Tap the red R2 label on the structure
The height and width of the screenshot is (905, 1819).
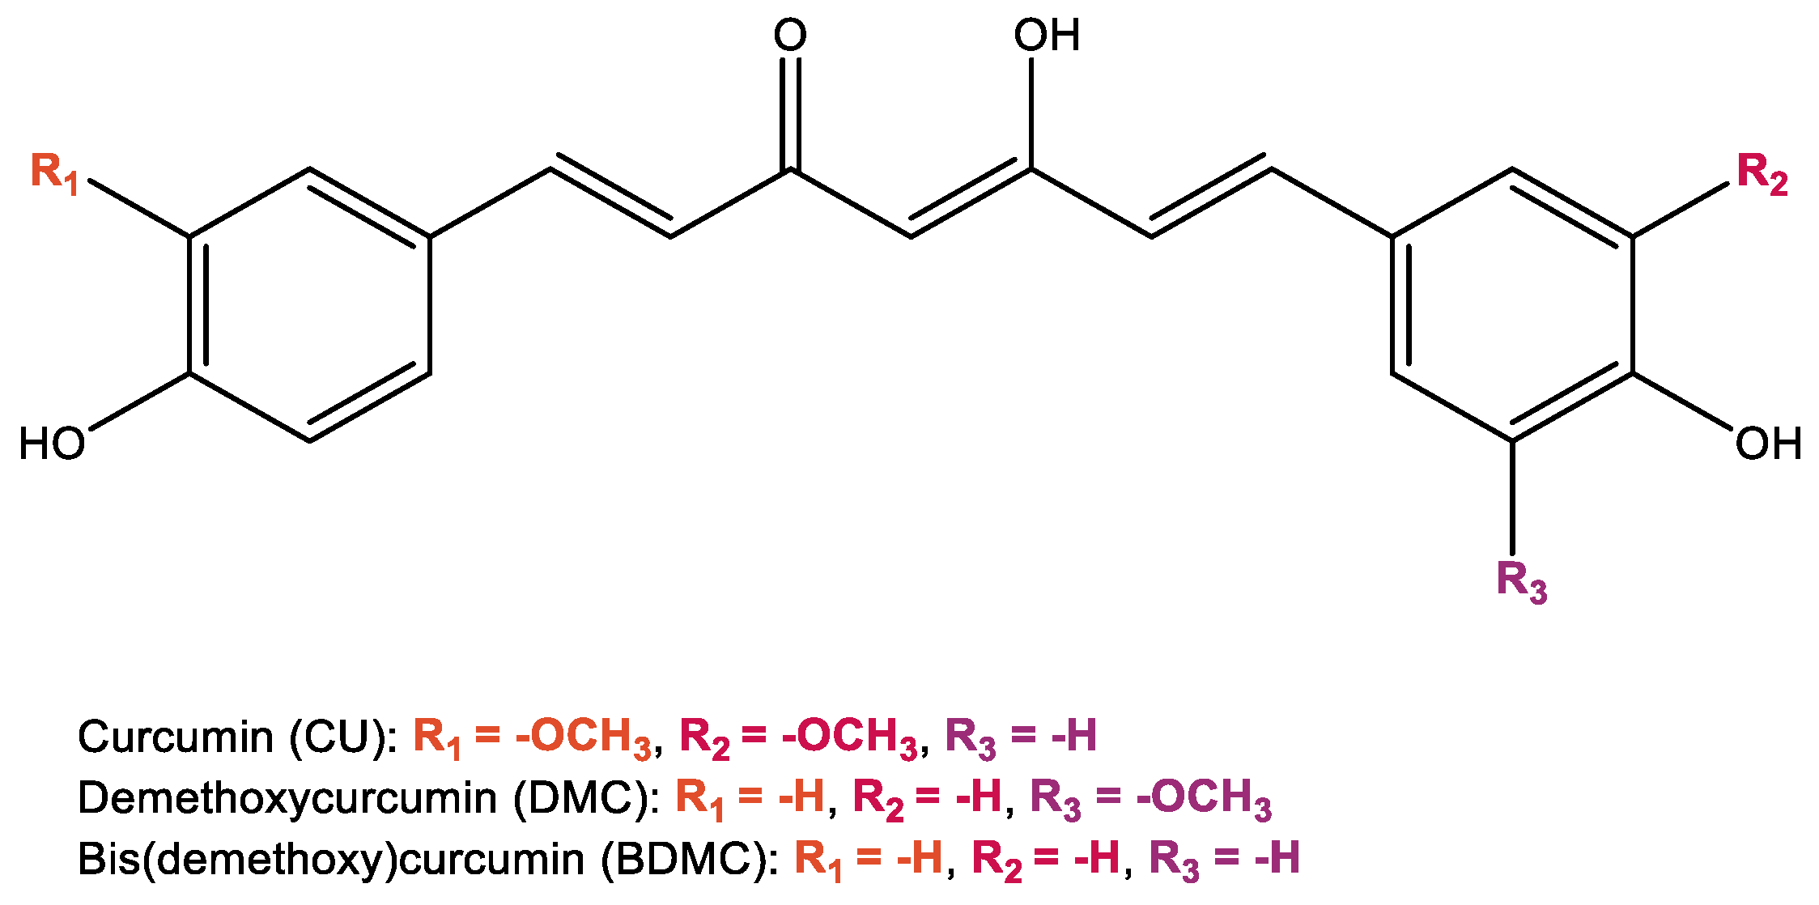pyautogui.click(x=1762, y=173)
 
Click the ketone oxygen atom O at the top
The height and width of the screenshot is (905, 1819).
pyautogui.click(x=790, y=36)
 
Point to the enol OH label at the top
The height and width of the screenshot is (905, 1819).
pyautogui.click(x=1047, y=36)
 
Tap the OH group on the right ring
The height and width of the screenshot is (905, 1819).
pyautogui.click(x=1768, y=444)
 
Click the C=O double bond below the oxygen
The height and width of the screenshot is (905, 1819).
pyautogui.click(x=790, y=113)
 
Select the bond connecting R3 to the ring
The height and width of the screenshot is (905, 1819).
pyautogui.click(x=1512, y=497)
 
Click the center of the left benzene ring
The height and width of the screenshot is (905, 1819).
pyautogui.click(x=309, y=305)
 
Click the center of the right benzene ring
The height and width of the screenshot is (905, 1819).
pyautogui.click(x=1512, y=305)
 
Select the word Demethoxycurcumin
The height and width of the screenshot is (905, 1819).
pyautogui.click(x=287, y=797)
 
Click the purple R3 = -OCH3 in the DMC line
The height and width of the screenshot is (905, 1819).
pyautogui.click(x=1150, y=797)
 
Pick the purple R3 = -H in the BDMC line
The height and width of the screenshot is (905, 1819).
pyautogui.click(x=1224, y=858)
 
